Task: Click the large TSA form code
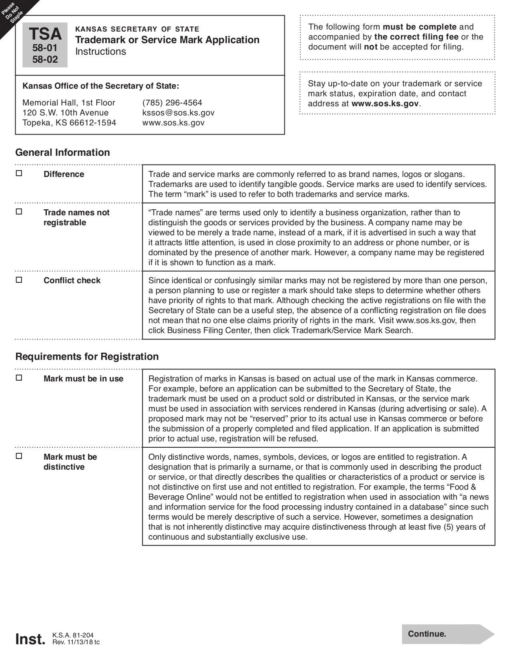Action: tap(45, 34)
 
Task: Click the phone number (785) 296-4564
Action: tap(172, 103)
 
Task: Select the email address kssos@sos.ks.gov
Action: tap(178, 113)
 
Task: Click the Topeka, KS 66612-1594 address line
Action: tap(69, 123)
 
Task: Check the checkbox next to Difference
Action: tap(19, 174)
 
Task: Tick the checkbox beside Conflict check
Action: tap(19, 280)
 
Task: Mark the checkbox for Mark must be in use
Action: tap(19, 378)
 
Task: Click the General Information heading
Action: tap(62, 153)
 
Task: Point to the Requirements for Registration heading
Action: tap(87, 356)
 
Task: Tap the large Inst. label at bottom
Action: tap(30, 639)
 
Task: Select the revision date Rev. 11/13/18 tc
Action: tap(76, 642)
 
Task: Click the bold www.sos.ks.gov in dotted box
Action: tap(385, 103)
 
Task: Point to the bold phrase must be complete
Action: tap(419, 27)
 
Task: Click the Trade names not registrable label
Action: tap(76, 217)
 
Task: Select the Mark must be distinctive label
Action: tap(70, 462)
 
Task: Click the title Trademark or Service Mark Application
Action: tap(167, 40)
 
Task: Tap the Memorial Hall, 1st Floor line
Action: tap(69, 103)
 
